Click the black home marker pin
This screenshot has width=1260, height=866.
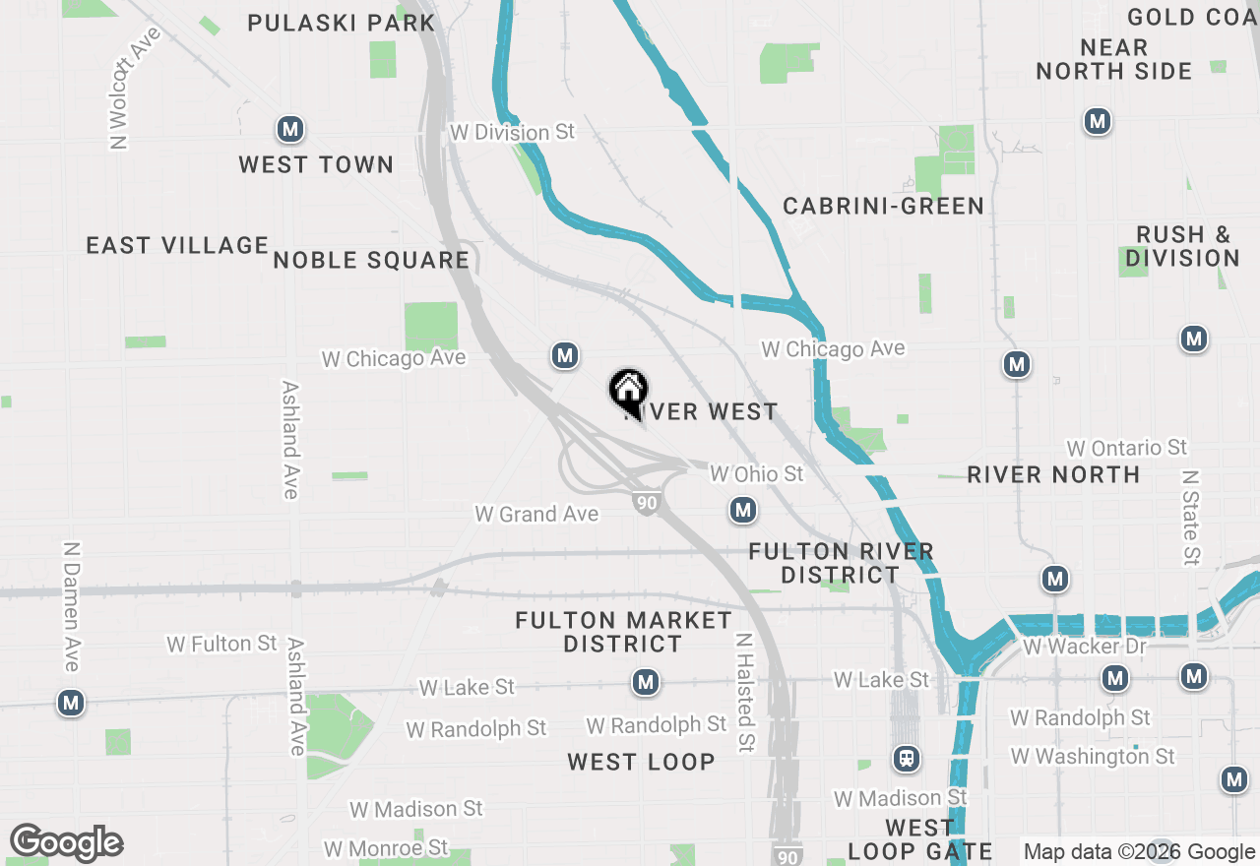628,391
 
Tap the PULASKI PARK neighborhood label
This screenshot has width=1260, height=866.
341,23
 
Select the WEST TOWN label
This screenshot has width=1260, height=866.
316,164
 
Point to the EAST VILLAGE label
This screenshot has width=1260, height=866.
177,245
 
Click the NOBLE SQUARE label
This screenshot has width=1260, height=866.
371,260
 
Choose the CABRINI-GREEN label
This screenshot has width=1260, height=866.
883,206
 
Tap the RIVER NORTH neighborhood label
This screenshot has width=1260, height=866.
1053,474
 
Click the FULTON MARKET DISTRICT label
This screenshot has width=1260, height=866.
623,632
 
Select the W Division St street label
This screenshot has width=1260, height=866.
512,132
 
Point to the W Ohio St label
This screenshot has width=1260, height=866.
757,474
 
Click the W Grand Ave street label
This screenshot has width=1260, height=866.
536,514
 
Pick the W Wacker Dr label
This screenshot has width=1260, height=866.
1085,647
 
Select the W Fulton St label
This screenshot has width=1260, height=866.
222,644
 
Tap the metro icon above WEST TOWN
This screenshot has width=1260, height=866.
289,129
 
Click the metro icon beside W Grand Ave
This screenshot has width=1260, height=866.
743,510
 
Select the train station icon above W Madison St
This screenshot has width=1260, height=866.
907,759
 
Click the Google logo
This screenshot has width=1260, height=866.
66,843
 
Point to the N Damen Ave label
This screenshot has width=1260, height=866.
71,606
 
